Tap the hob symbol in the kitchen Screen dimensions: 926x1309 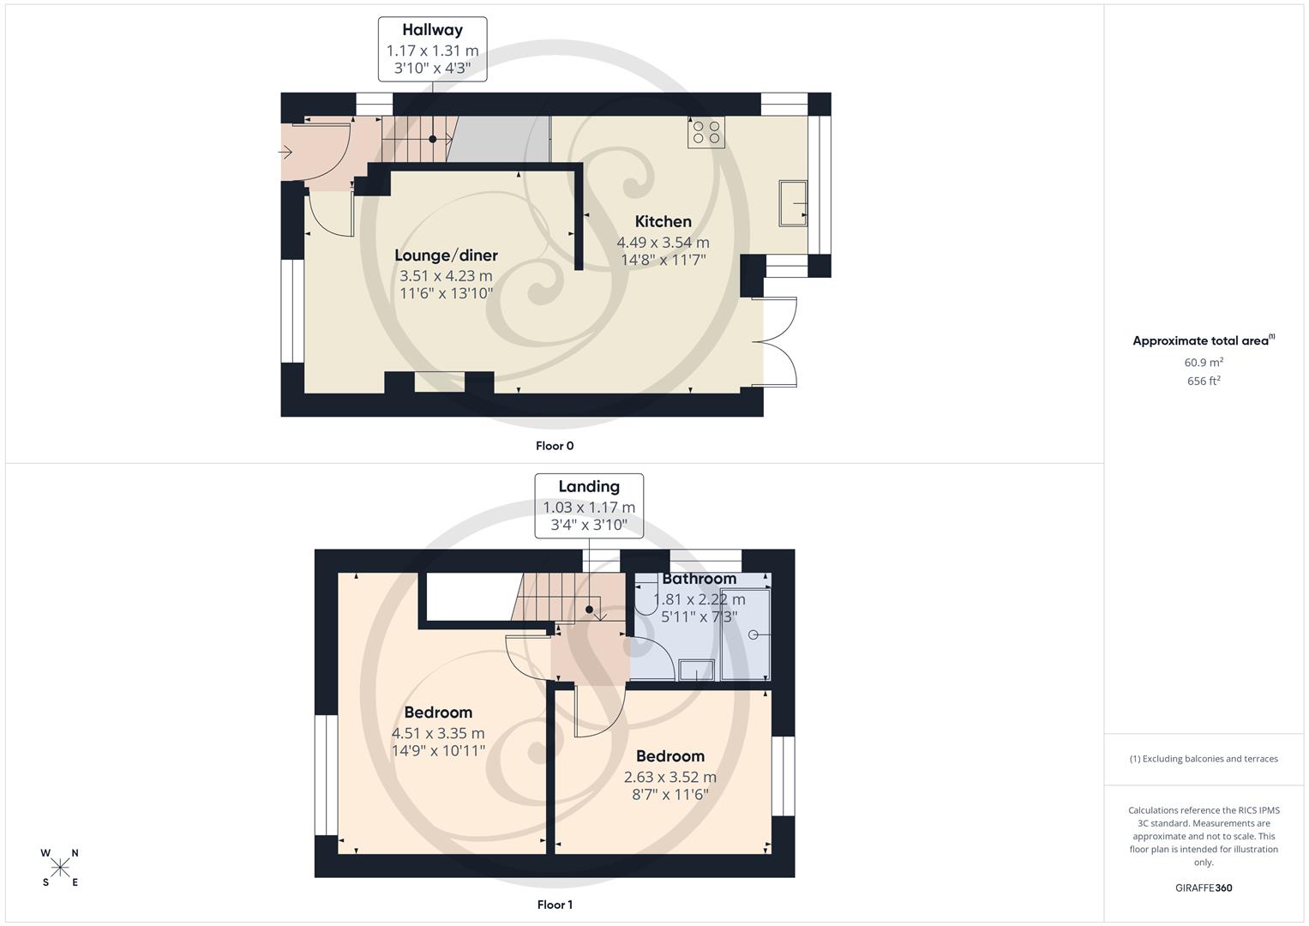(x=706, y=132)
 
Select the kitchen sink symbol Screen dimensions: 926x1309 (x=792, y=203)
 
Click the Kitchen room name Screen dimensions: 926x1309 (x=663, y=221)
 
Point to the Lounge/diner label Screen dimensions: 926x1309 (x=446, y=256)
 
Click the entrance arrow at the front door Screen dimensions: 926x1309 (x=285, y=153)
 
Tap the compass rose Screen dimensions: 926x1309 (x=60, y=868)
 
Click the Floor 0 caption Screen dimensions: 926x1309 (x=555, y=446)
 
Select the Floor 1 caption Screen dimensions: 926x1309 (x=555, y=905)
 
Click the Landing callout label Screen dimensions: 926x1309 (x=588, y=487)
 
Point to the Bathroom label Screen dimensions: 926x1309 (x=699, y=579)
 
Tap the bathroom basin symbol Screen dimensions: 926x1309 (x=696, y=670)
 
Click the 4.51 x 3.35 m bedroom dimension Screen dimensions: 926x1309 (x=438, y=734)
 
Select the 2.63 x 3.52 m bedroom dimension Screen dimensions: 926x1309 (x=670, y=778)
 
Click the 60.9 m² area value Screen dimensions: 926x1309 (x=1204, y=363)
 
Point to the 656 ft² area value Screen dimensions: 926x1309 (x=1204, y=382)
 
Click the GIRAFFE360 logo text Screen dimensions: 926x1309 (x=1204, y=888)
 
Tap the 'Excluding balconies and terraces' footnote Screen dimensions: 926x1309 (x=1204, y=759)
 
